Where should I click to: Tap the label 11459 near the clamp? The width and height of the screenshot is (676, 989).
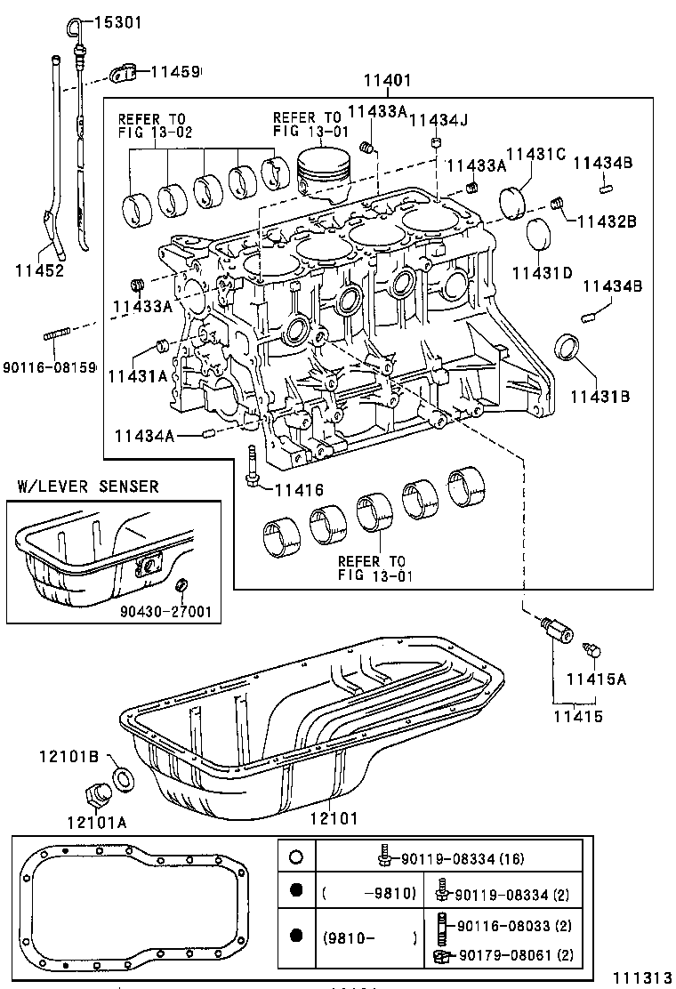(174, 71)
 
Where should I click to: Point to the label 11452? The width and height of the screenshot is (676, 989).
(39, 269)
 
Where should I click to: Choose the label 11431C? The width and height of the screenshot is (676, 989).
(536, 155)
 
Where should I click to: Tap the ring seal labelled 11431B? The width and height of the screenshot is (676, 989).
(567, 347)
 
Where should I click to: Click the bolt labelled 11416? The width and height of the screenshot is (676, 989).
(253, 465)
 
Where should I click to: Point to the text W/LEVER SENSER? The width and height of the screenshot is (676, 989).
(88, 486)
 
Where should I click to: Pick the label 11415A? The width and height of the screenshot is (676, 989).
(597, 679)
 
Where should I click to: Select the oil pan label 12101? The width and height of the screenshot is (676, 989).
(334, 816)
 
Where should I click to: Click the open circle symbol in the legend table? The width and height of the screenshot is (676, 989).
(297, 857)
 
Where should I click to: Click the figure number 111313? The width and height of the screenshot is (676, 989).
(640, 977)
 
